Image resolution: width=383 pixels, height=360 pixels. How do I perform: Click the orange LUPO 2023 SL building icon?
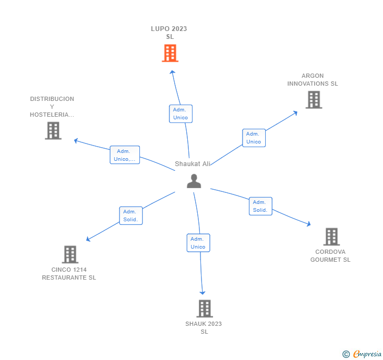click(170, 53)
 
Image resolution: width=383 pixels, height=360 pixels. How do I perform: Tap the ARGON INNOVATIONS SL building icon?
click(314, 99)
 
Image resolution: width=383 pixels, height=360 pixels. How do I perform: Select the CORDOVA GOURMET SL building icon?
click(331, 236)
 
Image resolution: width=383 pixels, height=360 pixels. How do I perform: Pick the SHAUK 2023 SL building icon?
click(205, 308)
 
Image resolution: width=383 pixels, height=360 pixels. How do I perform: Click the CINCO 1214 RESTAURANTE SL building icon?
click(70, 254)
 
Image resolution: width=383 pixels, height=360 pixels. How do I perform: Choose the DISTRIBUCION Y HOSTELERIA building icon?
click(53, 130)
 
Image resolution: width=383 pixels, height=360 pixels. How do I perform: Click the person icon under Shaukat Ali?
click(194, 181)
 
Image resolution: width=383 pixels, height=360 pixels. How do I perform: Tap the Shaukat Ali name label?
click(193, 164)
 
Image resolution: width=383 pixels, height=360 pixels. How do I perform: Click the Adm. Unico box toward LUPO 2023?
click(181, 114)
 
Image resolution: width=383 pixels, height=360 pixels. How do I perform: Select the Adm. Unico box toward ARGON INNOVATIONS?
click(254, 138)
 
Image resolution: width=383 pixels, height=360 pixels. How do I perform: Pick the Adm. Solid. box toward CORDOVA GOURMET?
click(260, 206)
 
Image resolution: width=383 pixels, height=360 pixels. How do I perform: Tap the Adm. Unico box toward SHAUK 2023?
click(198, 243)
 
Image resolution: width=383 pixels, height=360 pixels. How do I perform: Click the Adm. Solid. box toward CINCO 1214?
click(131, 215)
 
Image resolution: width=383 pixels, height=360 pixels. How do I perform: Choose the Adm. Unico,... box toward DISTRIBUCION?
click(125, 155)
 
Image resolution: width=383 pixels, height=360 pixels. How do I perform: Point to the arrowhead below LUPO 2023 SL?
click(173, 72)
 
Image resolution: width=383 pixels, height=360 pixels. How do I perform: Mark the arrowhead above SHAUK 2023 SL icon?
click(203, 293)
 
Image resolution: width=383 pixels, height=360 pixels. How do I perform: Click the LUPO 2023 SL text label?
click(169, 33)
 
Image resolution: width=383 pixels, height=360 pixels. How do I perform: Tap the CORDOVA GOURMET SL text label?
click(330, 256)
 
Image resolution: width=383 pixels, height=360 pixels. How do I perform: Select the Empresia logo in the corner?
click(362, 354)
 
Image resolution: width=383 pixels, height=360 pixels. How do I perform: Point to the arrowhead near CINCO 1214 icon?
click(88, 239)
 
